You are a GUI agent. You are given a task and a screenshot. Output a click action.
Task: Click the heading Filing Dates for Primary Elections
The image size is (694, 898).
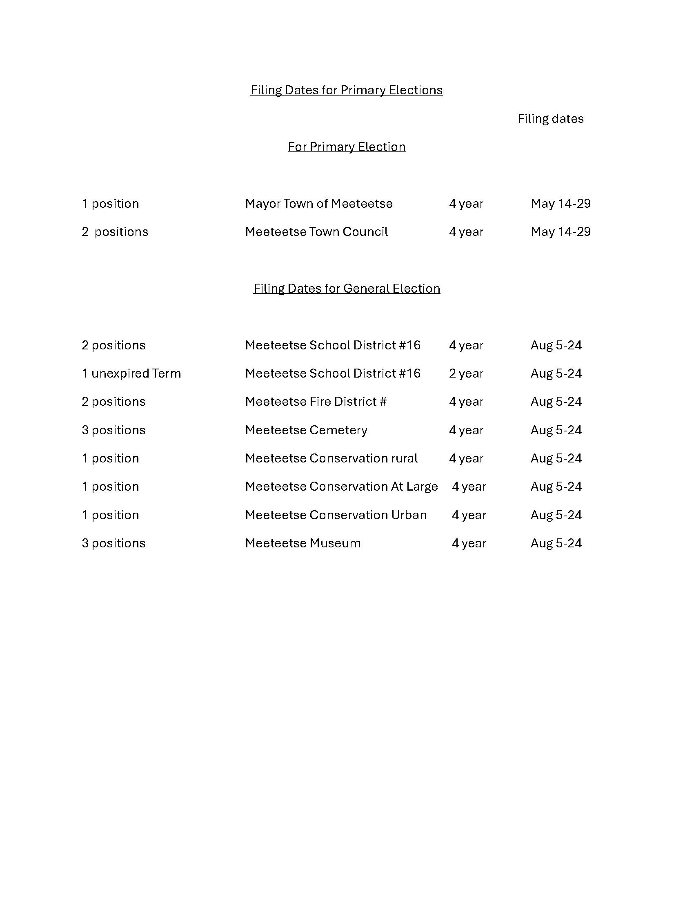(346, 90)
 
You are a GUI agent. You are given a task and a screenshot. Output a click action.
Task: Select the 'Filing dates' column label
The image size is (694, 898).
(550, 119)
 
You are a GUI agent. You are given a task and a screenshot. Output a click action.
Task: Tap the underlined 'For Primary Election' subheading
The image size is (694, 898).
(346, 147)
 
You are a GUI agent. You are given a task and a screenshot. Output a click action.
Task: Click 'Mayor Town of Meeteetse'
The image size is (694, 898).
(319, 204)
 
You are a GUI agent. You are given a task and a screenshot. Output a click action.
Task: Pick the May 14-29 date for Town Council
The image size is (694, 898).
(561, 232)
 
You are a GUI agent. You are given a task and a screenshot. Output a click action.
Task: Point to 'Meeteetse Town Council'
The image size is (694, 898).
(316, 232)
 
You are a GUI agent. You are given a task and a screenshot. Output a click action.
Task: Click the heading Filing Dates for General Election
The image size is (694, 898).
(346, 289)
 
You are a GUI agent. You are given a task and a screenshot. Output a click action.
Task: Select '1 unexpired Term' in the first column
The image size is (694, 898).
(131, 373)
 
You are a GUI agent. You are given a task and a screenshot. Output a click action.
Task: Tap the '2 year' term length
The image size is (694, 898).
(466, 373)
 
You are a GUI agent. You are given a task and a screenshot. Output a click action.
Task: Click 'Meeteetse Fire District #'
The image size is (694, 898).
(315, 402)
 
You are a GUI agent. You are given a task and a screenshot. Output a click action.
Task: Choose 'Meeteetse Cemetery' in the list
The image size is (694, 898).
(306, 430)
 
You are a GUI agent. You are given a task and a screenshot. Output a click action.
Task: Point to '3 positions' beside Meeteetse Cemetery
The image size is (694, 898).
(113, 430)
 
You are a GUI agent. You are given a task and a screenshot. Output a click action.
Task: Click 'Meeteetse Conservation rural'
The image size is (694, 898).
(331, 458)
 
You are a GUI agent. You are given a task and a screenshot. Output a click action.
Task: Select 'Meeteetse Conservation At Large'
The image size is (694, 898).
(341, 487)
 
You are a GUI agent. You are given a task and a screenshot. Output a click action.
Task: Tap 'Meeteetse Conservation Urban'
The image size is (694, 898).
(336, 515)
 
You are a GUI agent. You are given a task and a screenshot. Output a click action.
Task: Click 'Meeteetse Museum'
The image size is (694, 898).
(303, 543)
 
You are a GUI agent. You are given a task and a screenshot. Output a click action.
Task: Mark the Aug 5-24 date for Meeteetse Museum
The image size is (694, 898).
(556, 543)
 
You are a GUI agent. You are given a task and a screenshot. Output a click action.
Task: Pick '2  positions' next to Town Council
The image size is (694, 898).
(115, 232)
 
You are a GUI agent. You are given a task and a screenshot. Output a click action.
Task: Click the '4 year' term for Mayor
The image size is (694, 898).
(466, 204)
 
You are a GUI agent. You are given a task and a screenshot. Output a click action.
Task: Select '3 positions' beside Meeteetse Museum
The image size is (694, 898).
(113, 543)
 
